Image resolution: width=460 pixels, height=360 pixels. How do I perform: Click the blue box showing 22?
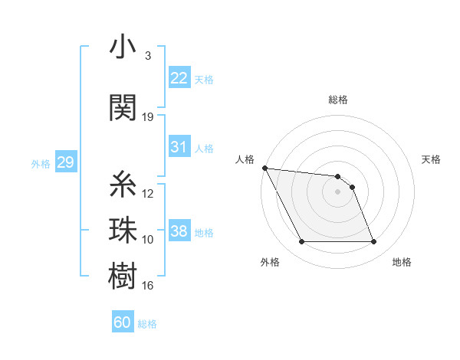coord(179,78)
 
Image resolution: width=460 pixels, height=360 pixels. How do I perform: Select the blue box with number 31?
coord(179,147)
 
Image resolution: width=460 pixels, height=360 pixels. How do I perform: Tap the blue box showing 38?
coord(179,231)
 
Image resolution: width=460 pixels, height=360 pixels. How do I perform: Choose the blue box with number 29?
coord(65,162)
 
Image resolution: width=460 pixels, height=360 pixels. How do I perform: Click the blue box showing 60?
coord(123,322)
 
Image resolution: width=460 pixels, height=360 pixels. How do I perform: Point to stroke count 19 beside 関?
coord(148,117)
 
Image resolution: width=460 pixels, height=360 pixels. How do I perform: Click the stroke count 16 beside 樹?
coord(148,286)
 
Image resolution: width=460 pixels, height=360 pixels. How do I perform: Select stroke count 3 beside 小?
coord(148,56)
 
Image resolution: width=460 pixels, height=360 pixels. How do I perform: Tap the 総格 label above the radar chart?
coord(338,100)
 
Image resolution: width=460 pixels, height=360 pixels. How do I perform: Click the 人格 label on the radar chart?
coord(245,159)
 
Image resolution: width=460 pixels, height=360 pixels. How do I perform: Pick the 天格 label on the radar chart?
coord(432,159)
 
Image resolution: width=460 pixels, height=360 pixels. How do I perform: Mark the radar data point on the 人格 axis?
coord(265,168)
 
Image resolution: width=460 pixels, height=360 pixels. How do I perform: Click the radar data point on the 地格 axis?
coord(373,242)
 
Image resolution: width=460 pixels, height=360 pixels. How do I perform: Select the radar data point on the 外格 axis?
coord(301,242)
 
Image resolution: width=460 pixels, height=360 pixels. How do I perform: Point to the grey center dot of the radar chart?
coord(338,191)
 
